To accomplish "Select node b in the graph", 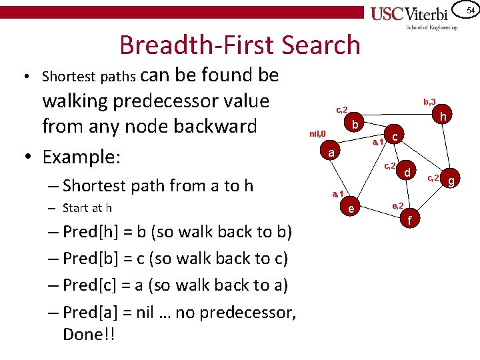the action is [356, 125].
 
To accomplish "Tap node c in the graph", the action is [395, 137].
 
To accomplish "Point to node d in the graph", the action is [406, 173].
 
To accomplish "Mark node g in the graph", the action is [451, 180].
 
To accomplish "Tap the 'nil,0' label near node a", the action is [317, 134].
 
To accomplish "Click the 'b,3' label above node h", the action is [429, 101].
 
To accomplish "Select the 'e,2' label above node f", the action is [397, 205].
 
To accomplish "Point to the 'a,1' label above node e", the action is [338, 194].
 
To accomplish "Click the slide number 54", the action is [469, 10].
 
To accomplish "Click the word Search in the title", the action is [321, 45].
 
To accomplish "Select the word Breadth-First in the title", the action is [194, 45].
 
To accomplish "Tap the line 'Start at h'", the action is [87, 208].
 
